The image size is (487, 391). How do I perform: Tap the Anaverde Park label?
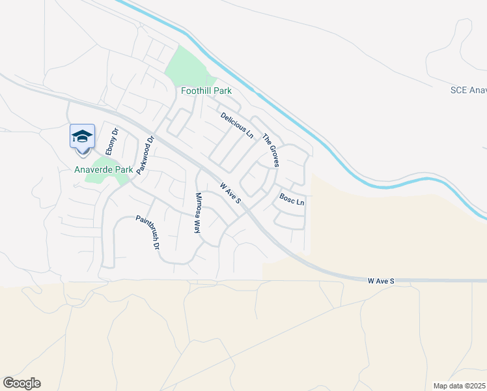(104, 169)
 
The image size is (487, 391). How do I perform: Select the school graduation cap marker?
(82, 137)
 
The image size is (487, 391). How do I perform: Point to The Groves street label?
(270, 151)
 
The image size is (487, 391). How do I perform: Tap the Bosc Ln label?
(292, 199)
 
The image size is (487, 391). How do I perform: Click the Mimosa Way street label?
(197, 212)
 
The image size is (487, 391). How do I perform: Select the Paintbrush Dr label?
(147, 233)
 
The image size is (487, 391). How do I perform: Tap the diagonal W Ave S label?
(230, 192)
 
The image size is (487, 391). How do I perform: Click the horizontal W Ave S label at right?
(380, 281)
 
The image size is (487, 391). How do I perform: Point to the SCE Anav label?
(468, 90)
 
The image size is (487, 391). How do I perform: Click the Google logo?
(21, 383)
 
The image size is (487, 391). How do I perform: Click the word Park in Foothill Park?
(220, 91)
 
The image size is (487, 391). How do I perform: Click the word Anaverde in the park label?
(94, 169)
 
